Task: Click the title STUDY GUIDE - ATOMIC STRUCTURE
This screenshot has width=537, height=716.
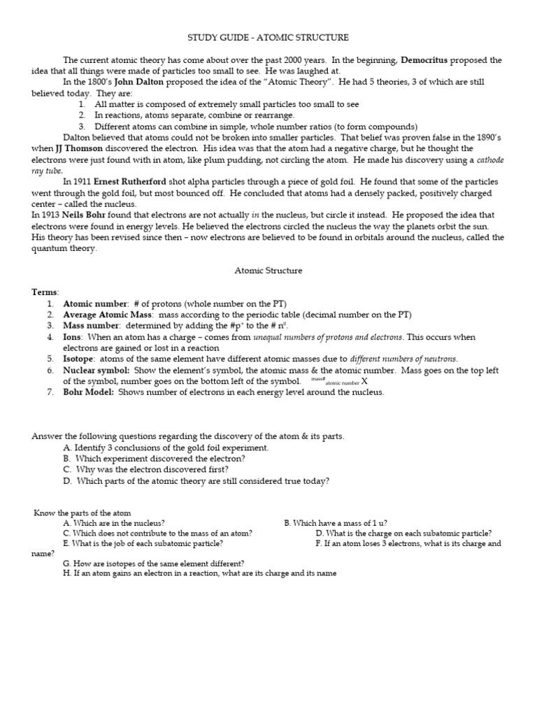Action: point(268,37)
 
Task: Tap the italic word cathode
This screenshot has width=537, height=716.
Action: point(486,160)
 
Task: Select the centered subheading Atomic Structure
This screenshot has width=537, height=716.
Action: point(268,269)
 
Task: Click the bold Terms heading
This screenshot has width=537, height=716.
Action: point(45,292)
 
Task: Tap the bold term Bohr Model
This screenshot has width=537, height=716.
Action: point(89,392)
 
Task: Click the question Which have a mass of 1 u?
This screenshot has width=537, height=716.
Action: point(336,522)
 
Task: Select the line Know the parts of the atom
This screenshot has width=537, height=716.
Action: point(83,513)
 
